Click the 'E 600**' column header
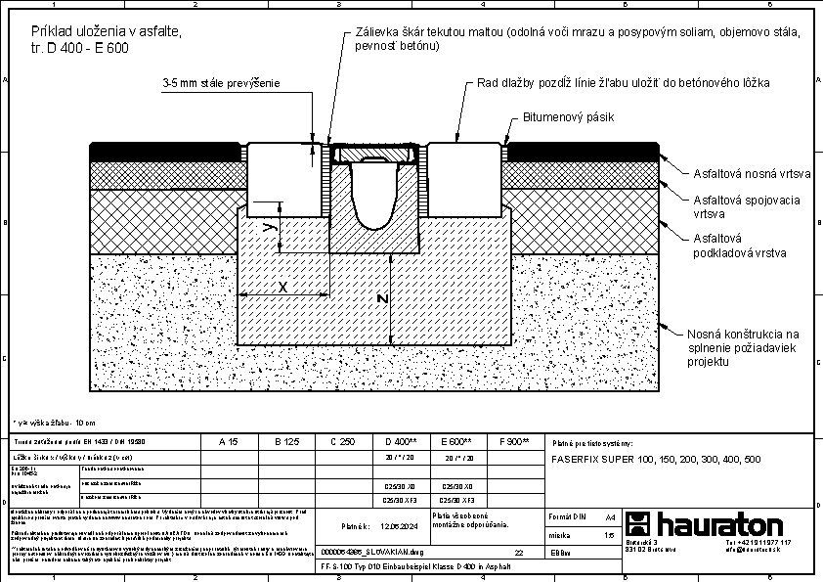457,442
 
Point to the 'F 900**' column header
514,442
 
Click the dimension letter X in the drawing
282,288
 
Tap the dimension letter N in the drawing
383,298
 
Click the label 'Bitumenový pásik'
569,117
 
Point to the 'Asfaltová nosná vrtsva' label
752,175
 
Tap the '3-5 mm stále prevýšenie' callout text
222,84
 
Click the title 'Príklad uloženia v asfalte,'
107,32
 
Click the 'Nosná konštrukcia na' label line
743,333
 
